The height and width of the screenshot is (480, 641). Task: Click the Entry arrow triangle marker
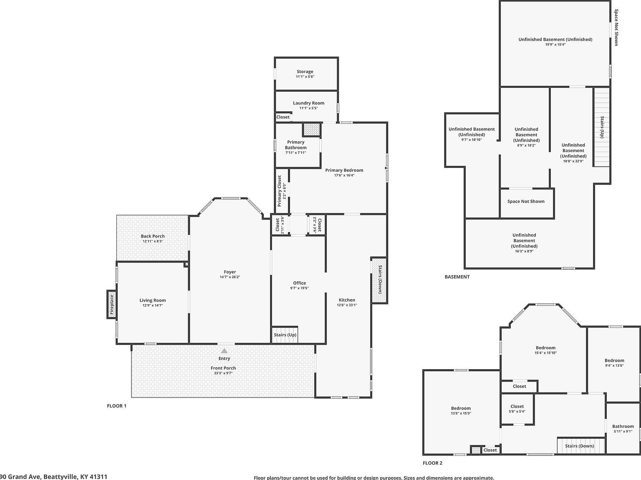pyautogui.click(x=225, y=351)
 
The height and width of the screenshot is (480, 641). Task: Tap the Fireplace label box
pyautogui.click(x=111, y=304)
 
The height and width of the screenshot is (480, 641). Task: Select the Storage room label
pyautogui.click(x=305, y=72)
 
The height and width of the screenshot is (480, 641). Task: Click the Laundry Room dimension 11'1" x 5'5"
pyautogui.click(x=308, y=108)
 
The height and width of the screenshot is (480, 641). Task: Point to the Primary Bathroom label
pyautogui.click(x=295, y=145)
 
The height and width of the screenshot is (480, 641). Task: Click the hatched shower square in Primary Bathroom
pyautogui.click(x=311, y=130)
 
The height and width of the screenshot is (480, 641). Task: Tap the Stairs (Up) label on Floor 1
pyautogui.click(x=285, y=335)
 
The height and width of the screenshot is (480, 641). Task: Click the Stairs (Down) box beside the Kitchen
pyautogui.click(x=379, y=280)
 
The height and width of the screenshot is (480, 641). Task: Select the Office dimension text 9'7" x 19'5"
pyautogui.click(x=299, y=288)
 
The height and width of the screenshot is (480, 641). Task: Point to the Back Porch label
pyautogui.click(x=153, y=236)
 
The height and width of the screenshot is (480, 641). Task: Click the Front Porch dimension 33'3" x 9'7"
pyautogui.click(x=223, y=373)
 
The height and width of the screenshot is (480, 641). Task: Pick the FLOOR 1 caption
pyautogui.click(x=117, y=406)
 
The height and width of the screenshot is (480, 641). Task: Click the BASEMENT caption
pyautogui.click(x=457, y=277)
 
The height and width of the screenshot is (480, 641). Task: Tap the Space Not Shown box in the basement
pyautogui.click(x=526, y=202)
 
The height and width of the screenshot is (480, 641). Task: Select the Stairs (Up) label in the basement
pyautogui.click(x=602, y=127)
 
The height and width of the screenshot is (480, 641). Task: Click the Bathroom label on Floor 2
pyautogui.click(x=623, y=426)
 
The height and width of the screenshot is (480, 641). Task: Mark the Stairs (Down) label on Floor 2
pyautogui.click(x=579, y=446)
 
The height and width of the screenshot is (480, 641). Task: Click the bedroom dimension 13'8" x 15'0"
pyautogui.click(x=461, y=414)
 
